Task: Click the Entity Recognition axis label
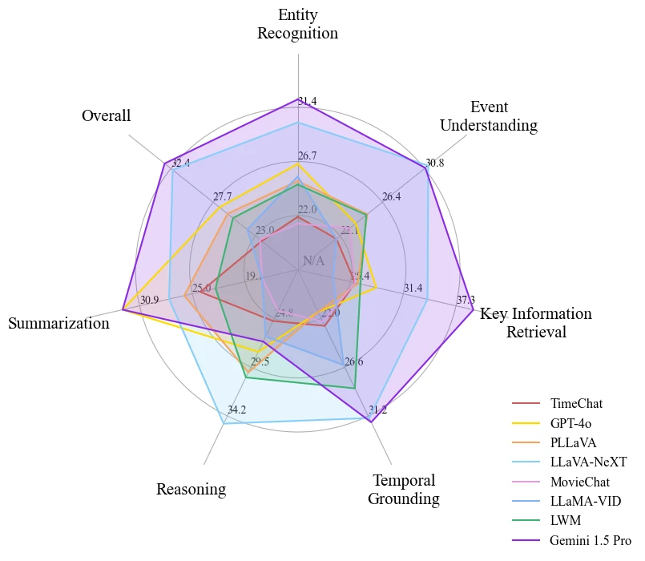pyautogui.click(x=297, y=24)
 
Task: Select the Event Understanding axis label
pyautogui.click(x=489, y=116)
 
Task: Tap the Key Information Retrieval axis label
pyautogui.click(x=536, y=322)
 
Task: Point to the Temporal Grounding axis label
pyautogui.click(x=404, y=490)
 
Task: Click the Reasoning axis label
pyautogui.click(x=191, y=489)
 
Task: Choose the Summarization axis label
pyautogui.click(x=58, y=324)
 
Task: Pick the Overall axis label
pyautogui.click(x=106, y=116)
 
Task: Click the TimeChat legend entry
pyautogui.click(x=576, y=403)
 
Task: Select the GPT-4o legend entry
pyautogui.click(x=570, y=422)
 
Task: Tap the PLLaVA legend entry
pyautogui.click(x=573, y=442)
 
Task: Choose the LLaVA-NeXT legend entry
pyautogui.click(x=588, y=462)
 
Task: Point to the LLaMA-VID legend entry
pyautogui.click(x=585, y=501)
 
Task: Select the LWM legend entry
pyautogui.click(x=565, y=521)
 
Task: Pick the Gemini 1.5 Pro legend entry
pyautogui.click(x=591, y=540)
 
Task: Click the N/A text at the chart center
pyautogui.click(x=314, y=261)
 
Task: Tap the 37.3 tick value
pyautogui.click(x=466, y=301)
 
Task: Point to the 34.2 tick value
pyautogui.click(x=236, y=410)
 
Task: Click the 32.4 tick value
pyautogui.click(x=181, y=163)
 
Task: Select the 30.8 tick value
pyautogui.click(x=434, y=163)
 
